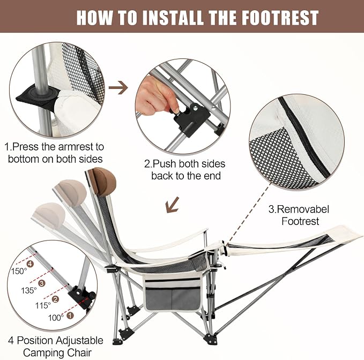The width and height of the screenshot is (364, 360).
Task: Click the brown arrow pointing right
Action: pos(118,88)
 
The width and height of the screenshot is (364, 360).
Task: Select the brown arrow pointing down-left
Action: pos(173,205)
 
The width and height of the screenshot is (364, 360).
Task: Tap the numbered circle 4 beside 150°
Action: pos(30,264)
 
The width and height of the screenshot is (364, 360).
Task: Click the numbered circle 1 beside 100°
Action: pos(70,315)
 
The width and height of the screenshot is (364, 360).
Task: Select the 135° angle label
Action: pos(29,290)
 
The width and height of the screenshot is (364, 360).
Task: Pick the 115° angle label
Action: pos(43,305)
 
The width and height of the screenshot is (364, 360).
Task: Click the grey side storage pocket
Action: pos(172,297)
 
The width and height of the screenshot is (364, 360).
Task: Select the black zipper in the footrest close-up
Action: pos(304,137)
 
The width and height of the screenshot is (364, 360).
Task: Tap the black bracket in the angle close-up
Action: pos(81,295)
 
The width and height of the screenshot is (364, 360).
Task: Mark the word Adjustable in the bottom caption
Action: pos(80,341)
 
